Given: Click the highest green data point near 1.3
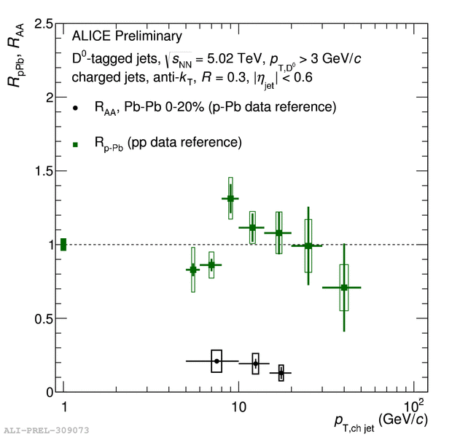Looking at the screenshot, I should pos(230,198).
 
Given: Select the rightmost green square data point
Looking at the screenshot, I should pos(344,288).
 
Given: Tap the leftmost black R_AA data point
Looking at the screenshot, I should pos(217,361).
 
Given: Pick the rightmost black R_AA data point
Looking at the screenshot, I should pos(281,373).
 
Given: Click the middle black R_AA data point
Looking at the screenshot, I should pos(255,363).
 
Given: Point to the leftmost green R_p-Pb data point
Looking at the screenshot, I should pos(193,269).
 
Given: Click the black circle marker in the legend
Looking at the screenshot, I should pos(76,109).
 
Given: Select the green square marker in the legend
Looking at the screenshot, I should pos(76,144).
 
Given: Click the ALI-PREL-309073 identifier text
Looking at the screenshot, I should pos(46,430).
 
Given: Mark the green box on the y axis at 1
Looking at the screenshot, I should pos(63,245).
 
